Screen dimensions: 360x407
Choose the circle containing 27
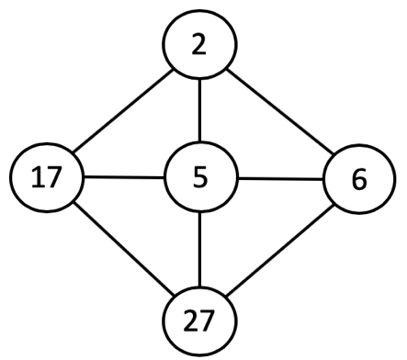click(x=199, y=322)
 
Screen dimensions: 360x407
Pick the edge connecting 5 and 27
click(x=199, y=249)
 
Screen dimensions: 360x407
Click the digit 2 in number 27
click(x=190, y=322)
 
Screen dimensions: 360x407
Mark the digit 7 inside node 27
click(x=209, y=322)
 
